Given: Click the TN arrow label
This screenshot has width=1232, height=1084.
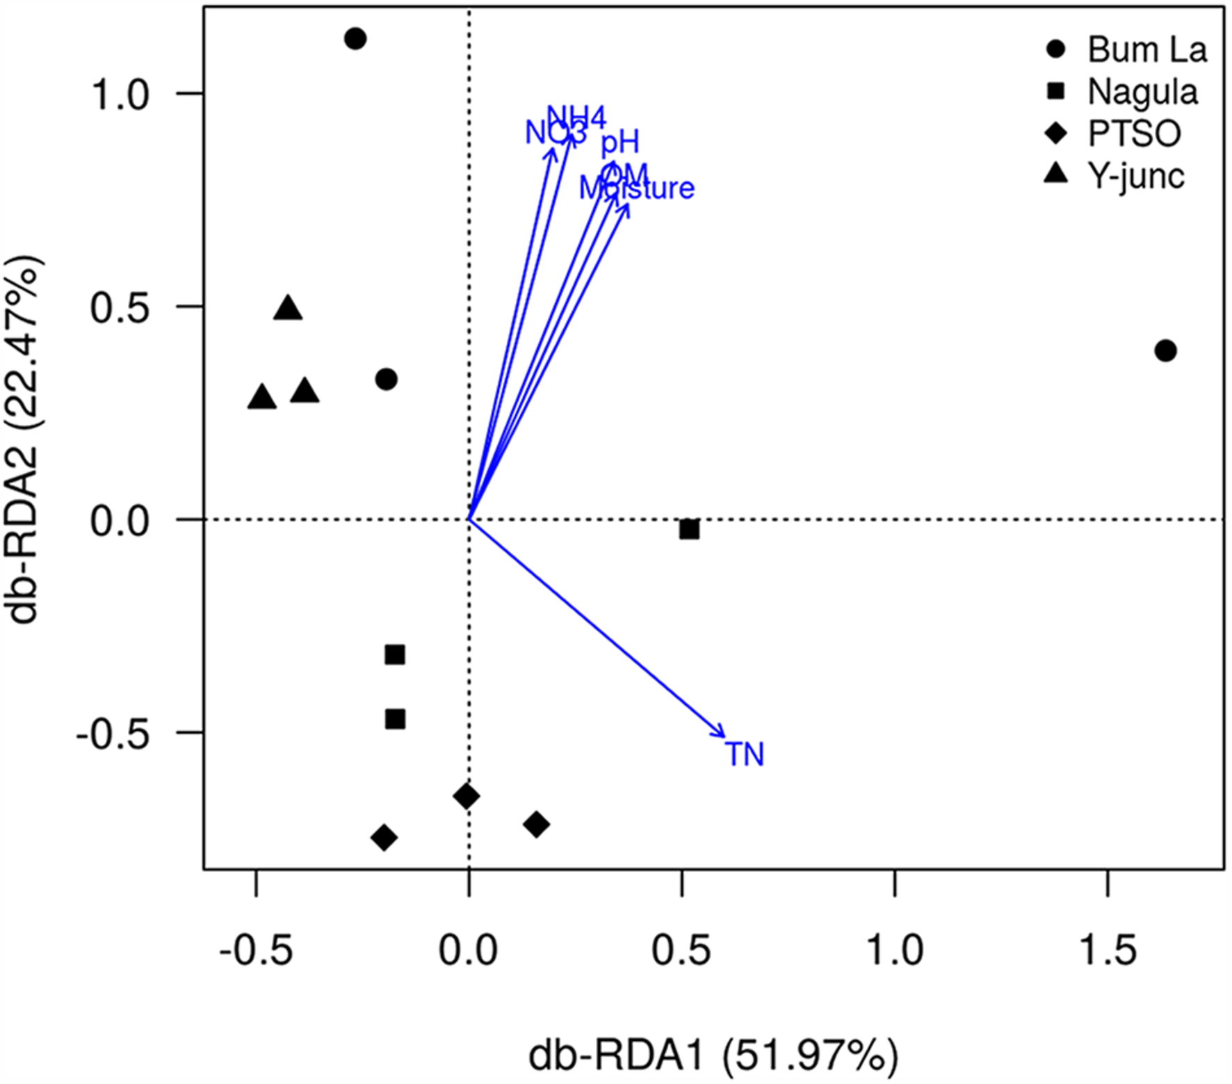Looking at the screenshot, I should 745,754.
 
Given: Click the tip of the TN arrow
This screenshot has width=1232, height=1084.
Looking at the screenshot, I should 725,736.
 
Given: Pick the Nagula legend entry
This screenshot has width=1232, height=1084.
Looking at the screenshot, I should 1126,92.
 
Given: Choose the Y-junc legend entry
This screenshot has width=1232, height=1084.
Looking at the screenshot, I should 1119,175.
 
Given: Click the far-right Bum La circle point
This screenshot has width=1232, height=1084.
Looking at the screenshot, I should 1166,351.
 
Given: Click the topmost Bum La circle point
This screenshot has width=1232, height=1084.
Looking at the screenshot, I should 355,39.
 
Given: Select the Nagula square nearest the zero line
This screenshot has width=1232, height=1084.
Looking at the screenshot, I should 689,530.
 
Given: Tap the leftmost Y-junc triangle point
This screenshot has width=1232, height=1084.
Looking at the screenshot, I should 262,398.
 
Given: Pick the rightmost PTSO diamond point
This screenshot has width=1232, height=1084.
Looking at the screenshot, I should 536,825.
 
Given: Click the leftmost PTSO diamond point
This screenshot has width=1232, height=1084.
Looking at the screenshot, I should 384,838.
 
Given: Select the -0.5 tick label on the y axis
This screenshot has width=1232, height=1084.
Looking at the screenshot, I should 111,734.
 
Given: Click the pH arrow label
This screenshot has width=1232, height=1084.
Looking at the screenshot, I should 619,143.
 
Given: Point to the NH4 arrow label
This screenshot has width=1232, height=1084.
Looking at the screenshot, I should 576,115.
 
